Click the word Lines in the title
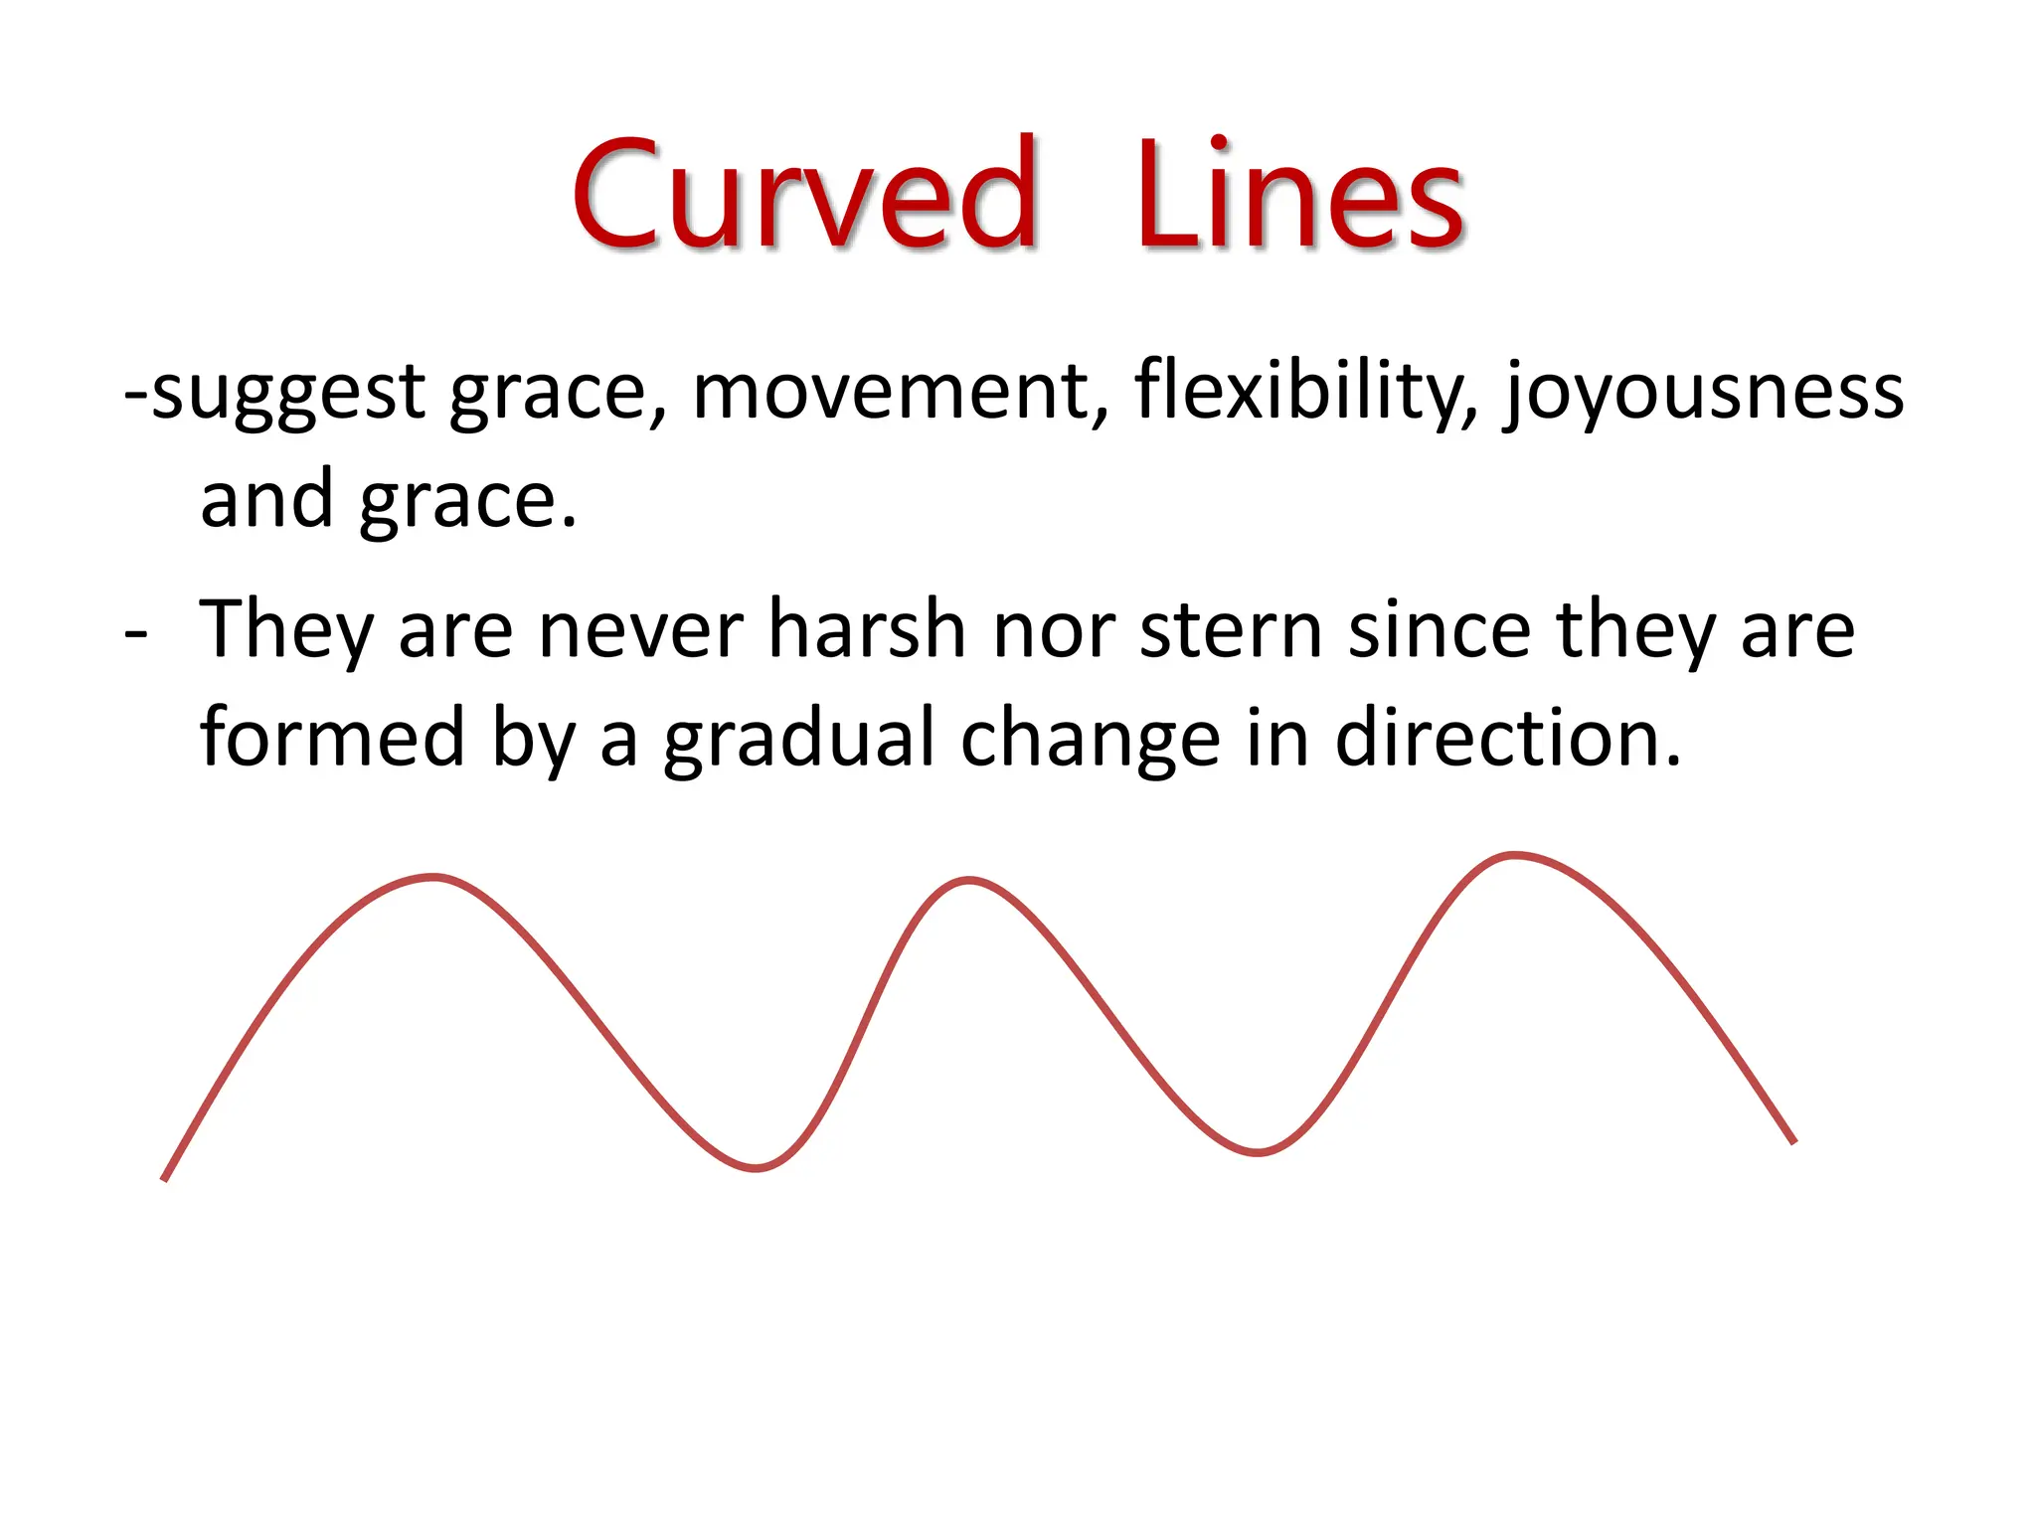coord(1300,194)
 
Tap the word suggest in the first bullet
coord(288,393)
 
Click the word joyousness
coord(1703,393)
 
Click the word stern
coord(1231,630)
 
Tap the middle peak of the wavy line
coord(969,880)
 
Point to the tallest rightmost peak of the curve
coord(1514,855)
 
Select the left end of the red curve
coord(165,1178)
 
